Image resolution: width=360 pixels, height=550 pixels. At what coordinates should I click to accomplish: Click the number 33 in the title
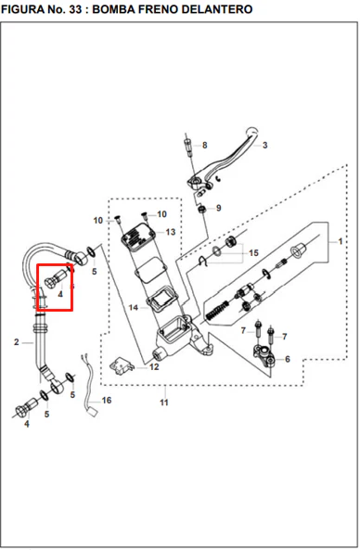click(x=75, y=9)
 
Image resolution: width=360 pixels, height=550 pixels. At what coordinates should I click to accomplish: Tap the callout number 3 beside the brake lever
click(x=265, y=145)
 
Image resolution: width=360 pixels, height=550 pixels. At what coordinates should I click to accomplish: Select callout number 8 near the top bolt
click(x=204, y=145)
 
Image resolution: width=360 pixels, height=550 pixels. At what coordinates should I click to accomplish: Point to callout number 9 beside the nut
click(x=219, y=208)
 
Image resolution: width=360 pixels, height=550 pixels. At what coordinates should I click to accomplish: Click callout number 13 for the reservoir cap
click(x=171, y=232)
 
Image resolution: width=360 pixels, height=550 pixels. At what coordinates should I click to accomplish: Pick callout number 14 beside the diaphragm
click(x=134, y=308)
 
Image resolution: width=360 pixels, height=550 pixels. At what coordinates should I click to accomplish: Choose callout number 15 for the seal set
click(x=253, y=252)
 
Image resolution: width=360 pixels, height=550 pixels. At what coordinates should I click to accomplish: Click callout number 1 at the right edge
click(x=340, y=241)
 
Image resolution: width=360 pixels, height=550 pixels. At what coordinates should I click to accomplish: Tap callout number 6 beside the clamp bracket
click(x=288, y=359)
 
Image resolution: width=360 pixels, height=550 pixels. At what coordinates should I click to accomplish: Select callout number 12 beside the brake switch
click(x=154, y=367)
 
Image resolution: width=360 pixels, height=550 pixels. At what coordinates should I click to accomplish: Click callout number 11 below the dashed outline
click(x=164, y=403)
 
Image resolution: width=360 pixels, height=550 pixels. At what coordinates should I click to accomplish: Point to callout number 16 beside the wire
click(x=107, y=401)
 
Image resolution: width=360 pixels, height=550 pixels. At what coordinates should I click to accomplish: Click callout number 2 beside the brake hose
click(x=17, y=342)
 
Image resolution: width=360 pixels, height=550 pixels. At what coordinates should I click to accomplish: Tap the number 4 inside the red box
click(x=60, y=294)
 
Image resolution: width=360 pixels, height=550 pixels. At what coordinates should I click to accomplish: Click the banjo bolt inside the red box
click(x=54, y=278)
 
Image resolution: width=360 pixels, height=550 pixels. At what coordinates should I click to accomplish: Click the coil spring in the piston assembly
click(x=217, y=309)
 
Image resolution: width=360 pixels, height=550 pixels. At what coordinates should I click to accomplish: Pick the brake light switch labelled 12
click(x=122, y=365)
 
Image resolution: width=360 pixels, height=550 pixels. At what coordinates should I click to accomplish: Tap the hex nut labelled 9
click(x=201, y=210)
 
